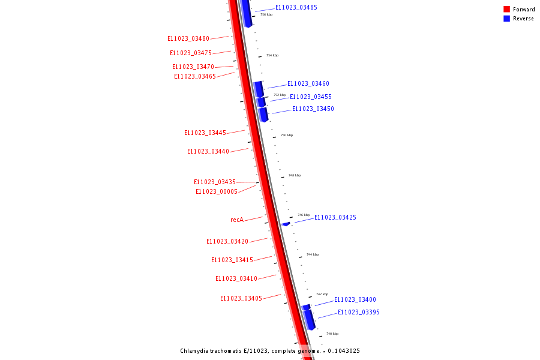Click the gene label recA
237,220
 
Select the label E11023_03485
296,7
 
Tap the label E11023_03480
188,38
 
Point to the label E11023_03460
308,83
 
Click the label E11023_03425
335,217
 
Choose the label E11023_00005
217,191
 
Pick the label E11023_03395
359,312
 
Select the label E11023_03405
241,298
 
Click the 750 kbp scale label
287,135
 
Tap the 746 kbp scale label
304,215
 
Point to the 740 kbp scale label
332,334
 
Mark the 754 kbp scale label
272,55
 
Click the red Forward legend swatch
506,9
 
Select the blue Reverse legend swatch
506,19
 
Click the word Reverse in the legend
523,19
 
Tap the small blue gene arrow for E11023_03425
286,224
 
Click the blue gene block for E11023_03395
309,319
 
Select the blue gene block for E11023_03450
263,114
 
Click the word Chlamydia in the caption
196,351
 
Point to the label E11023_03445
205,133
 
